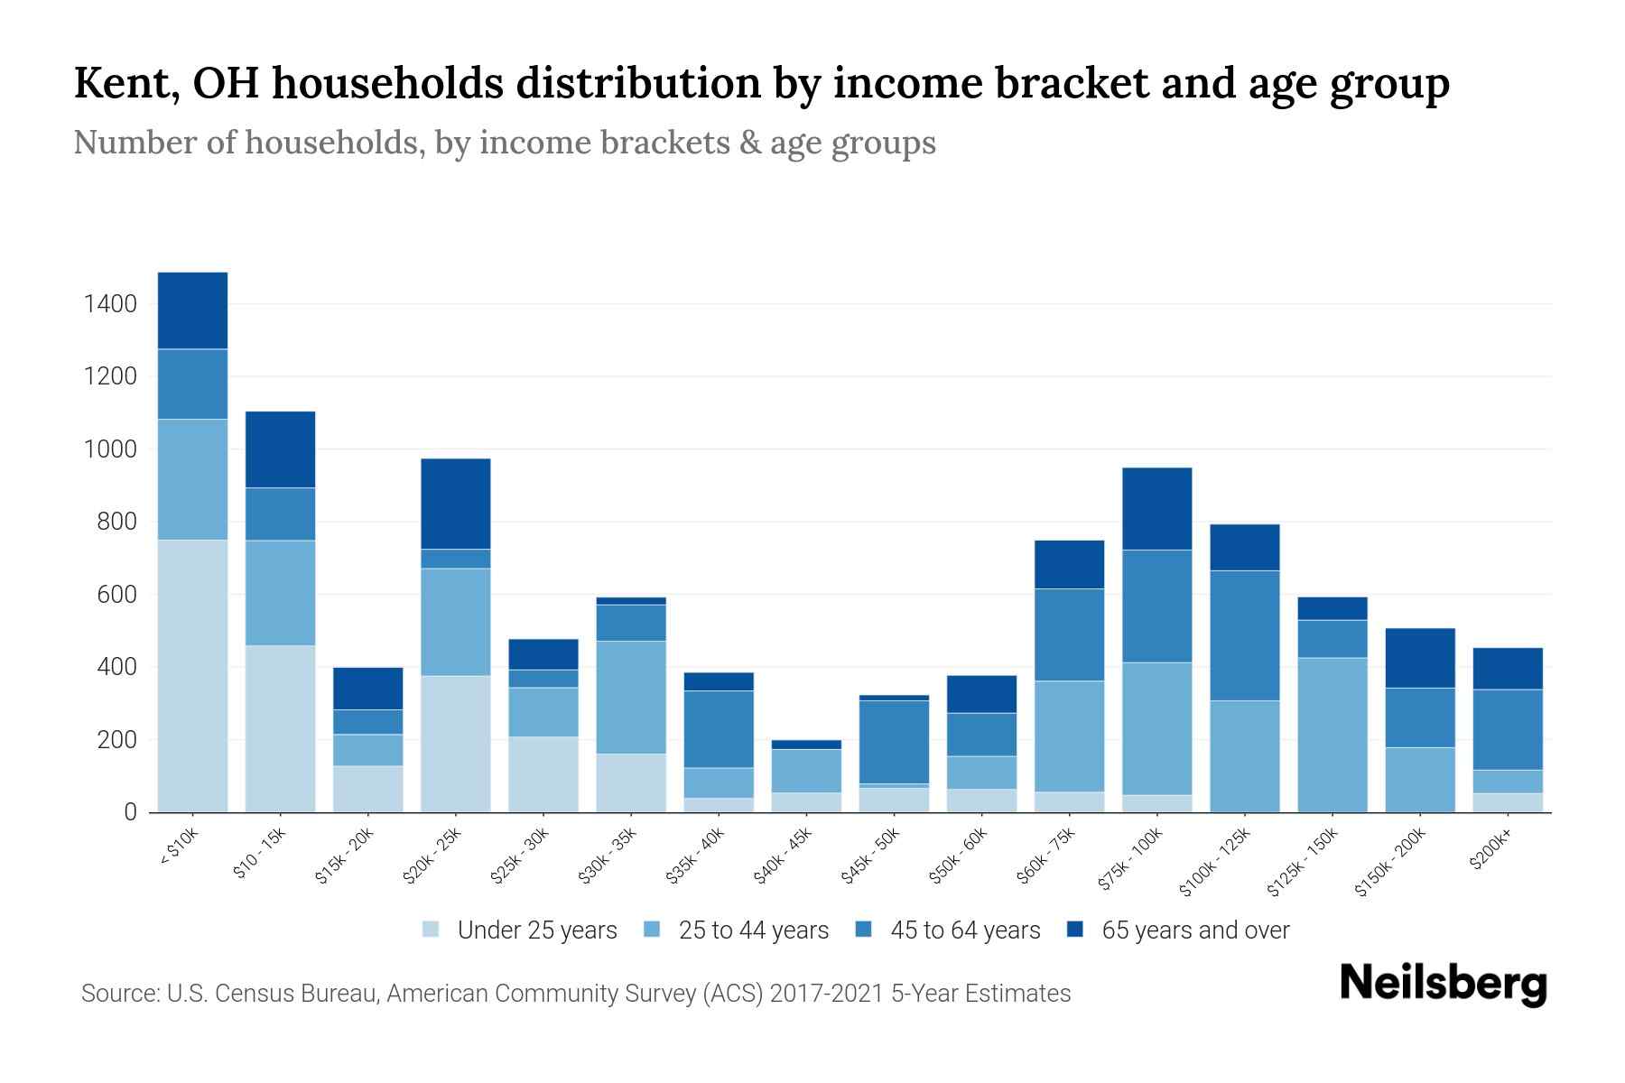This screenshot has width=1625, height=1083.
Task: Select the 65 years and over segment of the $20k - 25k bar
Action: tap(456, 504)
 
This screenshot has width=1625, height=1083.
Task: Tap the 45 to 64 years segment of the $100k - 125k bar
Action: tap(1245, 635)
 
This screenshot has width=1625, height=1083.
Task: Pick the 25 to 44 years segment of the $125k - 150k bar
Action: tap(1332, 735)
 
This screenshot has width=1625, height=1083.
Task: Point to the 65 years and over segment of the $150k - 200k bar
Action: tap(1420, 658)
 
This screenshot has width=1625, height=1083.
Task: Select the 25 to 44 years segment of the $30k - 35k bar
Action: tap(631, 697)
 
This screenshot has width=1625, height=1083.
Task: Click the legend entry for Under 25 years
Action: tap(536, 930)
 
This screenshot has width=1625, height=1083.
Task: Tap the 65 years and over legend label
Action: tap(1195, 930)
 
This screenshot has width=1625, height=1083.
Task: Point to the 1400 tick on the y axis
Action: tap(110, 304)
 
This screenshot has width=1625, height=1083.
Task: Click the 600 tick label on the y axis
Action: tap(117, 595)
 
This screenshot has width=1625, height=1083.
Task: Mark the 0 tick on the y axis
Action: tap(130, 812)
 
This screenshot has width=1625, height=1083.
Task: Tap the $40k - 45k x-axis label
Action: tap(783, 856)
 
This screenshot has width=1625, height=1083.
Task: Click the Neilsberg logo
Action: tap(1443, 984)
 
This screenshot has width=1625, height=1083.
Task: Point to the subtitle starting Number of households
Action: tap(504, 143)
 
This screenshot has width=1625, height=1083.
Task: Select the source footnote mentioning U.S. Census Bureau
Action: tap(575, 994)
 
